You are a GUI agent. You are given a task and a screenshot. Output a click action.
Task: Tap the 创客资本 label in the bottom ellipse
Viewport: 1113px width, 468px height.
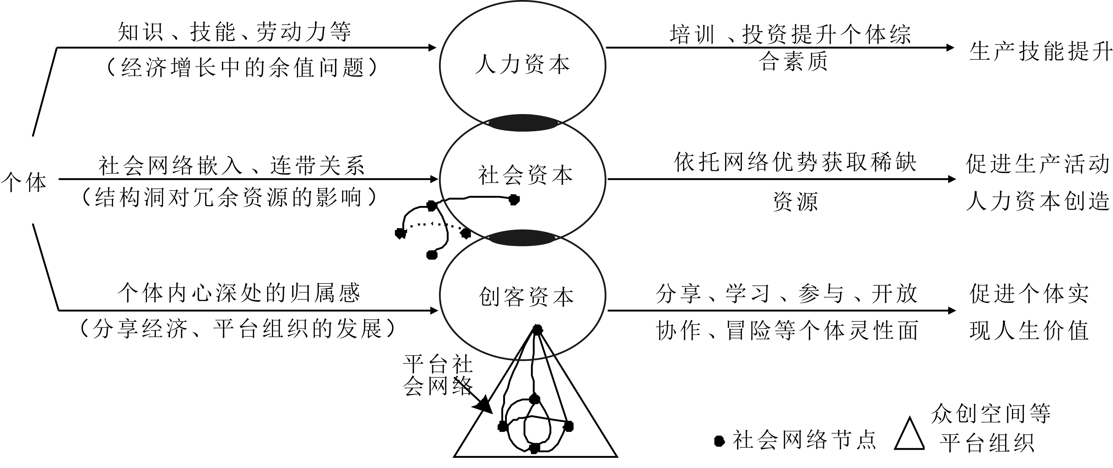click(x=526, y=297)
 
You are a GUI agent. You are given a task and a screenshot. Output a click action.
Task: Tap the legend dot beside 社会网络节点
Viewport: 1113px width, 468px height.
click(x=719, y=441)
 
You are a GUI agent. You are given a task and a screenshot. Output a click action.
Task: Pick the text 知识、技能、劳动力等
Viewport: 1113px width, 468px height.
click(x=235, y=32)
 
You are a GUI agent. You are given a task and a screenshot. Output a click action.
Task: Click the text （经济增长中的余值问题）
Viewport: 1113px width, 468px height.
click(x=242, y=68)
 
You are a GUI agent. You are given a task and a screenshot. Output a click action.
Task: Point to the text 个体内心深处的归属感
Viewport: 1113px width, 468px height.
click(x=239, y=293)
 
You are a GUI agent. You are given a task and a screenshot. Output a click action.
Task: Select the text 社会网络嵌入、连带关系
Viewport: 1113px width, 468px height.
click(x=232, y=166)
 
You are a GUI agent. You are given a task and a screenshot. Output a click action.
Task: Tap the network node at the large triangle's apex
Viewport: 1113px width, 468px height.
click(x=537, y=330)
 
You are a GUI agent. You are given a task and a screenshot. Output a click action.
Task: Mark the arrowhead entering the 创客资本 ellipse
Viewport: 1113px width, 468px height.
click(x=434, y=310)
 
